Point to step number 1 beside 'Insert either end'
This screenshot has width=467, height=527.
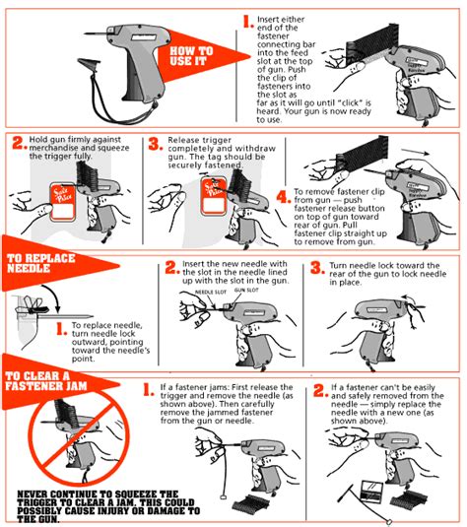(247, 21)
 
